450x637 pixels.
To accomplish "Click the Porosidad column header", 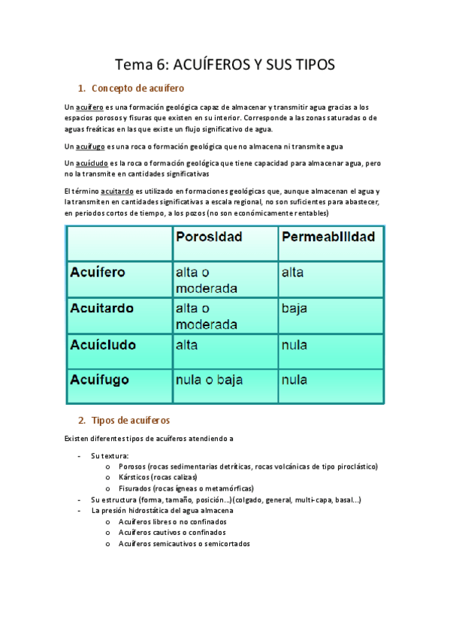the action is tap(209, 237).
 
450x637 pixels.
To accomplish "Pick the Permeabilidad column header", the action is tap(328, 237).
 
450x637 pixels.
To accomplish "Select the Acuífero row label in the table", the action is tap(98, 272).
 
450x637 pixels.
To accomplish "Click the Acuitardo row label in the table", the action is tap(101, 307).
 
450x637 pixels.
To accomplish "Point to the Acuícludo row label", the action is tap(103, 345).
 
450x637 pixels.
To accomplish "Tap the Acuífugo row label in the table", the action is tap(100, 380).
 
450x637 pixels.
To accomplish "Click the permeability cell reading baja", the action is tap(294, 308).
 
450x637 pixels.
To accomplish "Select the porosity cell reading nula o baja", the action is tap(209, 380).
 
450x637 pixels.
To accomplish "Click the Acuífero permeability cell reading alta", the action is tap(293, 272).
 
